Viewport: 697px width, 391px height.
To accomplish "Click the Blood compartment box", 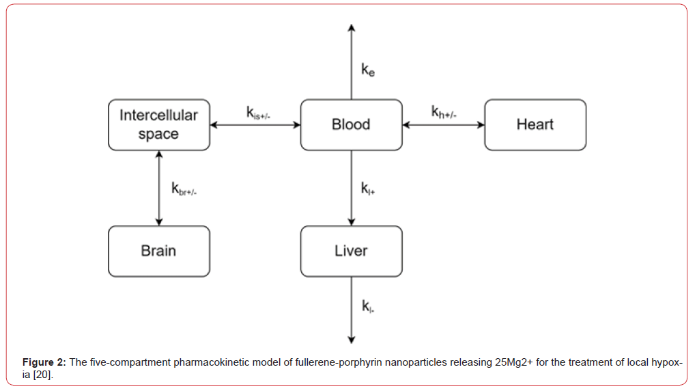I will click(x=351, y=124).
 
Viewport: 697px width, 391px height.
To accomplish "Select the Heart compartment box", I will click(x=535, y=124).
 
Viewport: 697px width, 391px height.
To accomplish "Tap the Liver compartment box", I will click(x=351, y=251).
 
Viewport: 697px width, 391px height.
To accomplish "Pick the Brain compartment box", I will click(x=158, y=251).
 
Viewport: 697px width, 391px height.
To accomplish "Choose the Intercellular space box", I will click(x=158, y=124).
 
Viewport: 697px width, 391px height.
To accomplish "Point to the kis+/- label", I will click(x=259, y=112).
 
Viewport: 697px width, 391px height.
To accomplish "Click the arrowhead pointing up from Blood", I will click(x=351, y=29).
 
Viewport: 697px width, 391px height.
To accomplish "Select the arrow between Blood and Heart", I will click(x=443, y=124).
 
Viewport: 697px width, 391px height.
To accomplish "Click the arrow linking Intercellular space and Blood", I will click(x=255, y=124).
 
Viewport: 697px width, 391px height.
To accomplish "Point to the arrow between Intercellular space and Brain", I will click(x=159, y=188).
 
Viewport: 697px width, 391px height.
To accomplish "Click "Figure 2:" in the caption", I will click(x=44, y=362).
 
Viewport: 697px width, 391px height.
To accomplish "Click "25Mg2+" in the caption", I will click(x=513, y=362).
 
